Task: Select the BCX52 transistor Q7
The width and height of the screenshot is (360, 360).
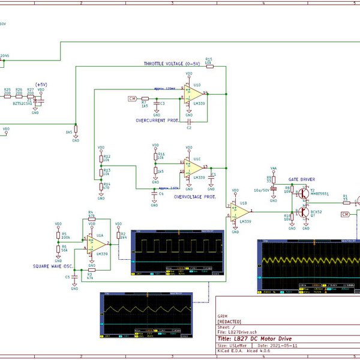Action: coord(304,211)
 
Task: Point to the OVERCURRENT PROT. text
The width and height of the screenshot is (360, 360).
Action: coord(157,120)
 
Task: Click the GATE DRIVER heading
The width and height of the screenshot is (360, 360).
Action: coord(301,179)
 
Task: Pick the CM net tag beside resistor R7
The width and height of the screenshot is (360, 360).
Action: coord(132,98)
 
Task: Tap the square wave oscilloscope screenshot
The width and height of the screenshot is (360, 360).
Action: coord(172,252)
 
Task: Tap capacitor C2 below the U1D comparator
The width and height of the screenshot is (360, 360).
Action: coord(189,122)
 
